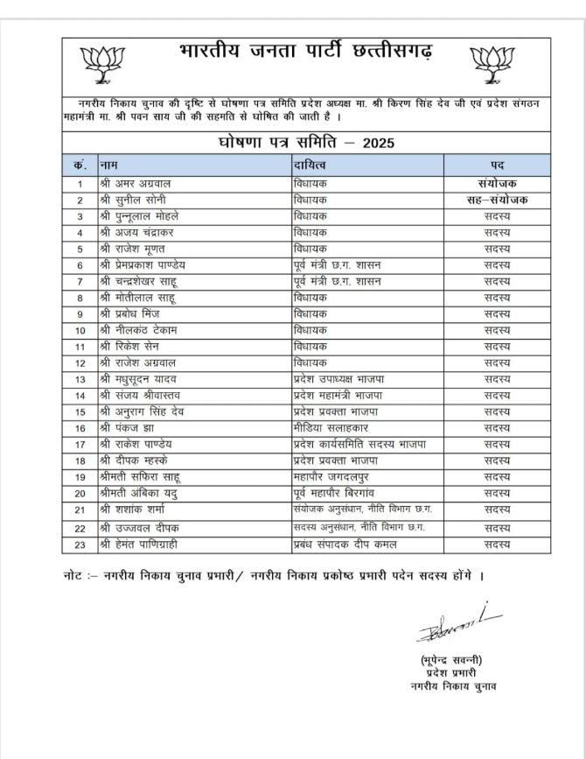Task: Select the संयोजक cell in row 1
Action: (x=496, y=184)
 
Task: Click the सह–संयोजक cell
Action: (x=496, y=200)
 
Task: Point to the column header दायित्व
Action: (x=310, y=165)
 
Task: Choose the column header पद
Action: (x=496, y=165)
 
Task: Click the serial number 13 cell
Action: (x=80, y=379)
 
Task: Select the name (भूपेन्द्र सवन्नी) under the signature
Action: (x=450, y=659)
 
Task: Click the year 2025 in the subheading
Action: (x=378, y=143)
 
